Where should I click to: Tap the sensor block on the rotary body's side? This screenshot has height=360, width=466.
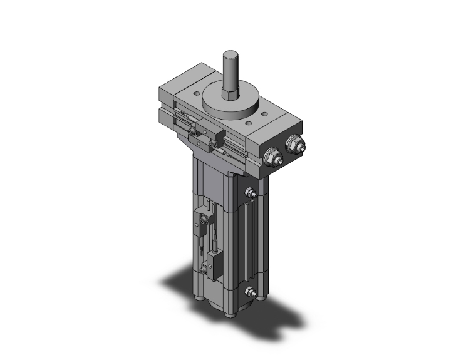[205, 133]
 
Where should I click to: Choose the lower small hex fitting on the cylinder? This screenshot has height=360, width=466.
[251, 291]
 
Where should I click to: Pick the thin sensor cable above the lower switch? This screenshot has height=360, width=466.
[213, 238]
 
